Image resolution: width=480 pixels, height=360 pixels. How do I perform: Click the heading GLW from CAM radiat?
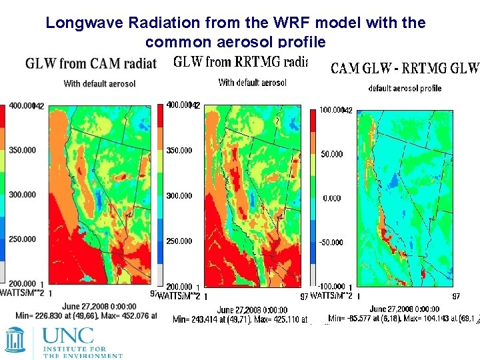(90, 64)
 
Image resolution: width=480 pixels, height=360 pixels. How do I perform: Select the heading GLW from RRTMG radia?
(240, 62)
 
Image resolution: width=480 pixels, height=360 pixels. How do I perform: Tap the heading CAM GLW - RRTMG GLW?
(405, 68)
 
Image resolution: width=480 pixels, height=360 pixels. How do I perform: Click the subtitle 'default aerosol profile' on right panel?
(405, 89)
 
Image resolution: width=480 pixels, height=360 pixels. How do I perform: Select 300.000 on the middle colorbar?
(179, 196)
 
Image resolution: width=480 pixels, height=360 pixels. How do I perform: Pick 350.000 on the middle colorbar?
(179, 151)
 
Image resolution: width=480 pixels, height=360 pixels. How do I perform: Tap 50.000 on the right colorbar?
(331, 154)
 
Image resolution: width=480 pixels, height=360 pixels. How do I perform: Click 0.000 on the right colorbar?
(331, 198)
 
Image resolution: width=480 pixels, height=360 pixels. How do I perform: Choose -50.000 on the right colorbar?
(329, 243)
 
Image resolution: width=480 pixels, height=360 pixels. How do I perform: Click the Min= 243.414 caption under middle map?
(237, 320)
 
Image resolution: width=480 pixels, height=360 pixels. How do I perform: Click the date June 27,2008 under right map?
(404, 309)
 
